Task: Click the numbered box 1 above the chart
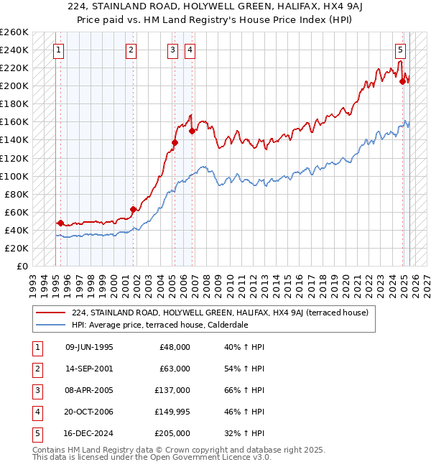point(58,50)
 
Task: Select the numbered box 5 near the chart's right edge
point(400,50)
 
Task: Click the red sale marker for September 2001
point(133,209)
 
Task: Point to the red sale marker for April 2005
point(175,142)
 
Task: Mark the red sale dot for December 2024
point(403,81)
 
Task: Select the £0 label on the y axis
point(22,266)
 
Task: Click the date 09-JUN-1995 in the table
point(89,347)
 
